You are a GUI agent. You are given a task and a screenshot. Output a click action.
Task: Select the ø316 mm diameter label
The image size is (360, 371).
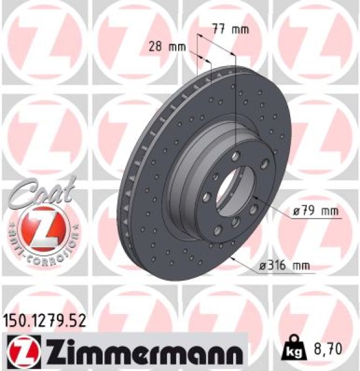(x=284, y=267)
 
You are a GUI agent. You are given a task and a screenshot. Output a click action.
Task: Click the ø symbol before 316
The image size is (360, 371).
(x=263, y=267)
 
